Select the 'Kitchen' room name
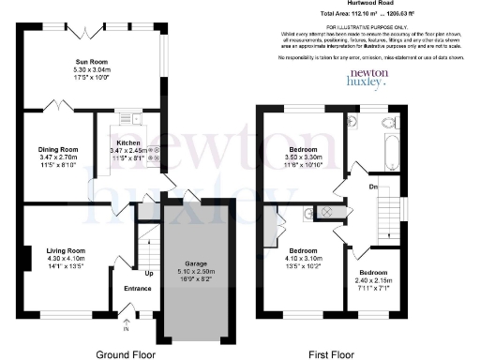[128, 142]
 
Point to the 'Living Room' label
[66, 250]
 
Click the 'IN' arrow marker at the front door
[126, 328]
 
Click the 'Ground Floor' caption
[128, 352]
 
